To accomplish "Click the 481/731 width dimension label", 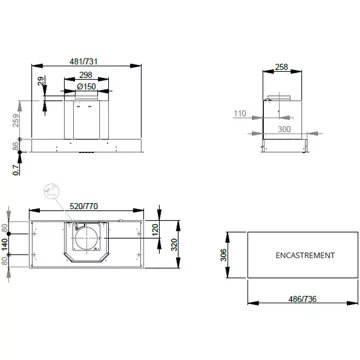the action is pyautogui.click(x=85, y=61).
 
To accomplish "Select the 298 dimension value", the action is pyautogui.click(x=86, y=75).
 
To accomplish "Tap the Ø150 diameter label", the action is pyautogui.click(x=86, y=86).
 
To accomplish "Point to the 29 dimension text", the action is pyautogui.click(x=41, y=81).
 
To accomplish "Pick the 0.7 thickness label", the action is pyautogui.click(x=16, y=170).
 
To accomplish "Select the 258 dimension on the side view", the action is pyautogui.click(x=282, y=67).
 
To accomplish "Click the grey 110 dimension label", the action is pyautogui.click(x=240, y=114).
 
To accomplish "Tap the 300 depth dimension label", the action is pyautogui.click(x=284, y=129).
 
